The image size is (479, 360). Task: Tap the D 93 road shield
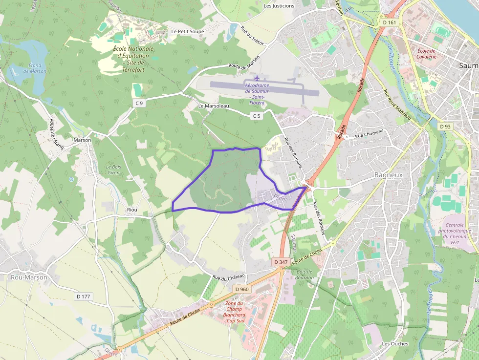point(445,127)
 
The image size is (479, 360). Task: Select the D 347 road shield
point(281,262)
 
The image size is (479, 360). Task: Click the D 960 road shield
point(242,289)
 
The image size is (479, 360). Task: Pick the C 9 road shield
point(140,103)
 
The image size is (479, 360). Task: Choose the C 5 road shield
point(257,116)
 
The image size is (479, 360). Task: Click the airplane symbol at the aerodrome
point(257,78)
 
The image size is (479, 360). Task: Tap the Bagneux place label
point(388,174)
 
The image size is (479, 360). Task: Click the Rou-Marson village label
point(29,277)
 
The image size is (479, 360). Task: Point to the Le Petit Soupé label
point(187,31)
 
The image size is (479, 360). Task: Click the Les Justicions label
point(279,6)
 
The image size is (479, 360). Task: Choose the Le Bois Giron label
point(113,170)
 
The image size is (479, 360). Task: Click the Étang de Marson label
point(38,68)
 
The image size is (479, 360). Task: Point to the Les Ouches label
point(395,343)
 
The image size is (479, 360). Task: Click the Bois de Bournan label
point(304,275)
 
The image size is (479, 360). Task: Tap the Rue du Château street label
point(228,277)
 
